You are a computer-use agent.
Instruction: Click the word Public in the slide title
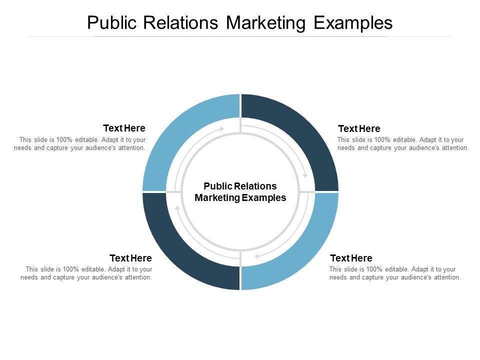coord(112,23)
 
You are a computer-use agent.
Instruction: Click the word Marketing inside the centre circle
coord(217,197)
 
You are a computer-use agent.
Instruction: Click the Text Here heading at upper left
coord(124,128)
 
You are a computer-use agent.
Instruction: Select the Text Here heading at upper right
coord(359,129)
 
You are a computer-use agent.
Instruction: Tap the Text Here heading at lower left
coord(130,258)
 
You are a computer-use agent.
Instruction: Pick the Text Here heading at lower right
coord(351,258)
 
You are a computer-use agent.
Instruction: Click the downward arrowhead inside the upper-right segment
coord(305,175)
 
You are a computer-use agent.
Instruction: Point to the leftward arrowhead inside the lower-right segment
coord(256,256)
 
